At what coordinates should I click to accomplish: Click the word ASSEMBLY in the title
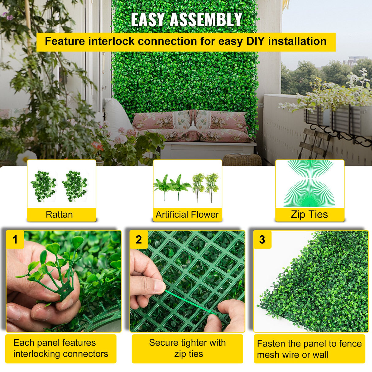[x=206, y=20]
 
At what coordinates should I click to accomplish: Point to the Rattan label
[x=59, y=214]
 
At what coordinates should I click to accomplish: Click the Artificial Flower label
[x=187, y=214]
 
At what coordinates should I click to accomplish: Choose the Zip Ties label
[x=309, y=214]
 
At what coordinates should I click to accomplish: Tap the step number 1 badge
[x=15, y=239]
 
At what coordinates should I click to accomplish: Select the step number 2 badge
[x=139, y=239]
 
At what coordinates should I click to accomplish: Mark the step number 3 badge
[x=262, y=239]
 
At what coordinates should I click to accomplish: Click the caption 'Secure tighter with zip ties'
[x=188, y=348]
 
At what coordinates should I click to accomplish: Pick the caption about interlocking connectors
[x=61, y=348]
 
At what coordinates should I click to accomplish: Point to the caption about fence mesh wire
[x=309, y=349]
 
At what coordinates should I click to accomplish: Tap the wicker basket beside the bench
[x=242, y=160]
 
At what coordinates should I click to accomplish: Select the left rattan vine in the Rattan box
[x=43, y=186]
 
